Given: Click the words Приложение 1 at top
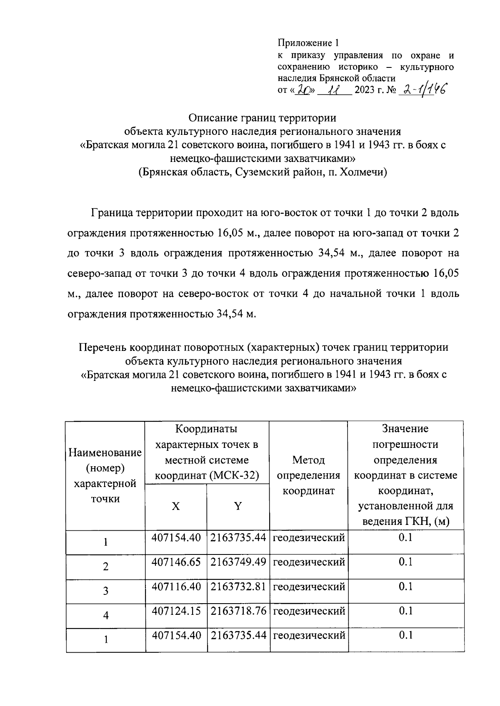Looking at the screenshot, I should tap(309, 43).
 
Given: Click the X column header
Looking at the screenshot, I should tap(176, 506).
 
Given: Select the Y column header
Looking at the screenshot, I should tap(238, 506).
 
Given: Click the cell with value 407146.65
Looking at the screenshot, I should tap(176, 562).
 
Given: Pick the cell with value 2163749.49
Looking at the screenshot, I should tap(238, 562).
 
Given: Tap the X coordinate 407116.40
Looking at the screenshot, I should tap(176, 587).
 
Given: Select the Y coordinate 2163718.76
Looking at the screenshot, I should tap(238, 611).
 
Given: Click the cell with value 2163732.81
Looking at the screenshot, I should tap(238, 587).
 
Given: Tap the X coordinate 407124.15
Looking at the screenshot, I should tap(176, 611).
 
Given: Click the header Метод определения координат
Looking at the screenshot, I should tap(308, 475).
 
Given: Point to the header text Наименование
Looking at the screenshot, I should tap(105, 452).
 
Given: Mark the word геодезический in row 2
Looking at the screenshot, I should tap(309, 562).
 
